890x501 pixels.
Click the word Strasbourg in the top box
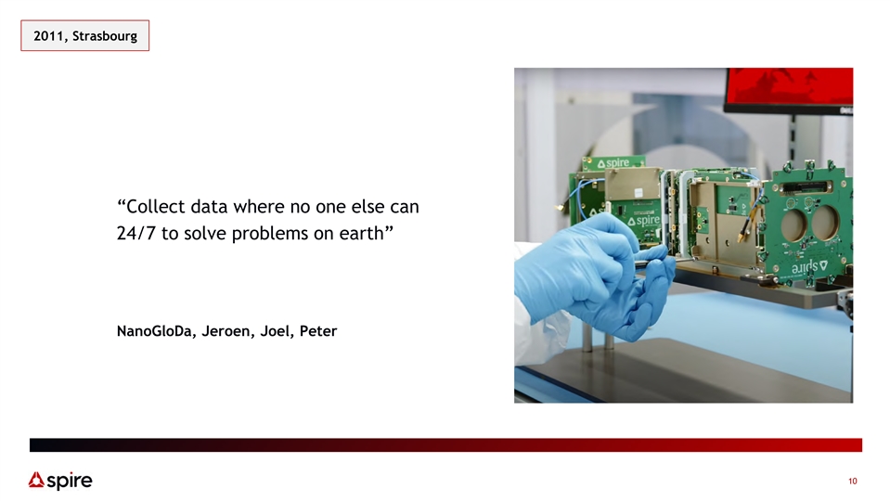coord(105,36)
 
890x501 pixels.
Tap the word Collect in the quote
coord(155,207)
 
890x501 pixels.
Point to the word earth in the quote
coord(360,233)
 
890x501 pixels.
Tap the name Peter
coord(317,331)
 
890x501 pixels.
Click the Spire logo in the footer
coord(60,481)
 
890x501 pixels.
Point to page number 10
coord(853,482)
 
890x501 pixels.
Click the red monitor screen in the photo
coord(790,86)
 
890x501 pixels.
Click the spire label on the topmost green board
coord(613,163)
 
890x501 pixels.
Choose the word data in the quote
coord(209,207)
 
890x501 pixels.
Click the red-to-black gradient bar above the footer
coord(445,444)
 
